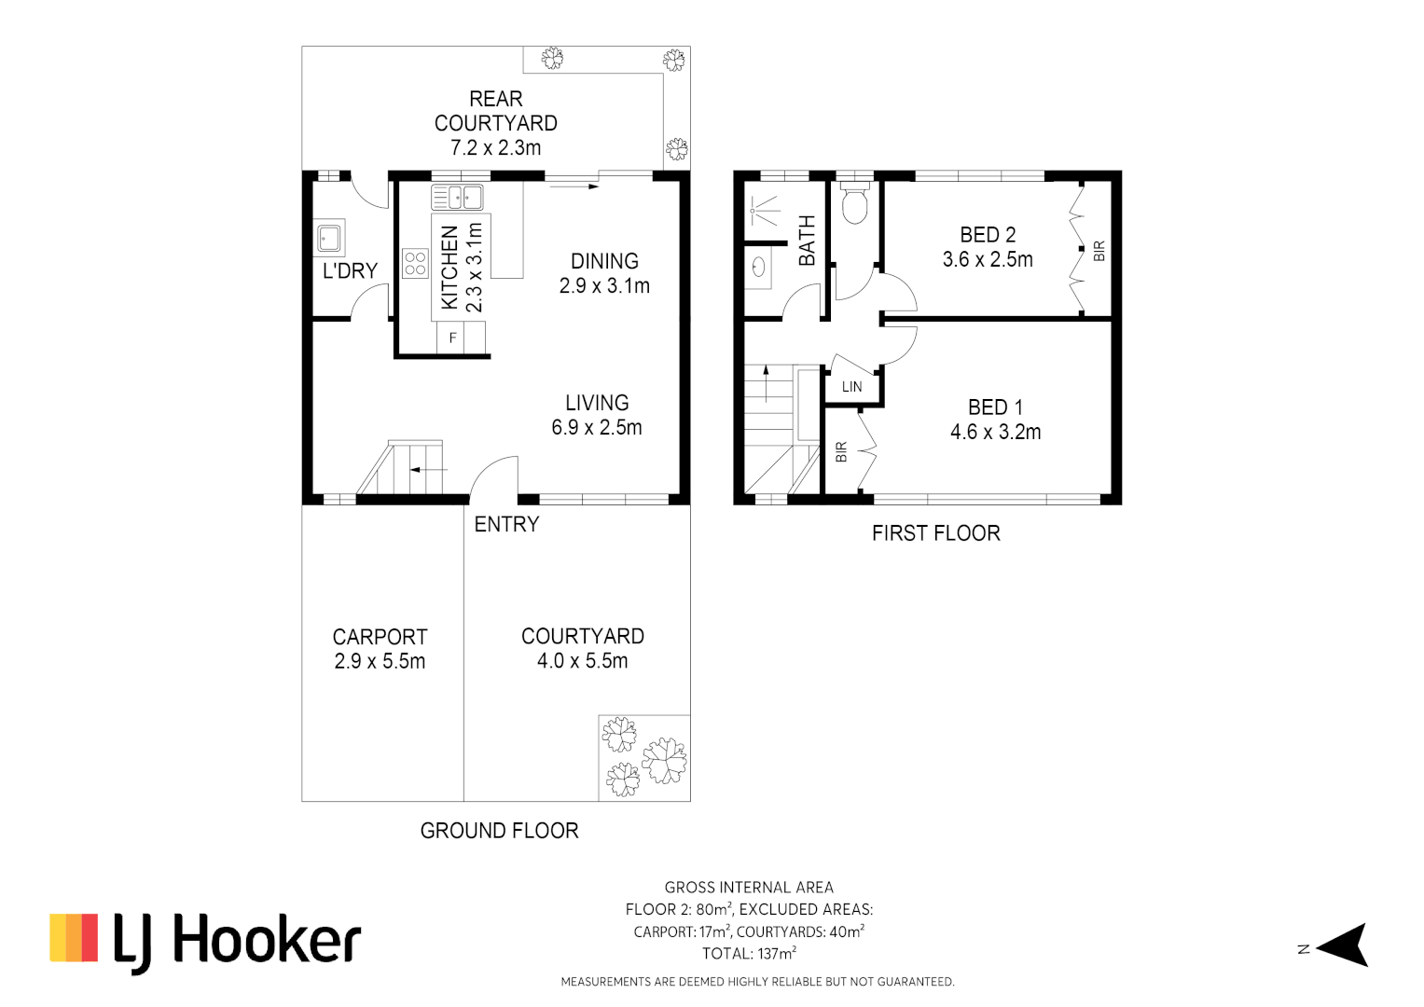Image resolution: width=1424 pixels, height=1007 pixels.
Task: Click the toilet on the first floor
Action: click(854, 202)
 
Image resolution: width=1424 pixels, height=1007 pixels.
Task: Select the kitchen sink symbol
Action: click(457, 198)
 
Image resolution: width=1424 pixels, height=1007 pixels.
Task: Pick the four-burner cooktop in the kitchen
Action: click(415, 263)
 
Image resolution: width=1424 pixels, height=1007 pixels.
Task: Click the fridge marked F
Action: click(453, 338)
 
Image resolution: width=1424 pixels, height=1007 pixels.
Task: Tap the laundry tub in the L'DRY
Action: click(329, 237)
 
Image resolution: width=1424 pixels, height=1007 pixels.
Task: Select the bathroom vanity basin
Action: click(759, 268)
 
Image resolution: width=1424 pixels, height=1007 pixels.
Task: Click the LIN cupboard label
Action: click(852, 387)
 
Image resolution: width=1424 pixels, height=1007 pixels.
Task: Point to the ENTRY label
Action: click(506, 525)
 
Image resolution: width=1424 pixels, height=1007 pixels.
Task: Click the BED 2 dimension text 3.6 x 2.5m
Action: click(988, 260)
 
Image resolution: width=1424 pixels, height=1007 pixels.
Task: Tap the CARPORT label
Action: click(380, 637)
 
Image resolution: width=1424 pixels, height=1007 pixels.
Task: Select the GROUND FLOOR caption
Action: click(499, 831)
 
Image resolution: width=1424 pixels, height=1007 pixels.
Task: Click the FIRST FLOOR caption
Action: click(935, 533)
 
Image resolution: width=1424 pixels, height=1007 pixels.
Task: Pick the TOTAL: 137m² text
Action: click(749, 954)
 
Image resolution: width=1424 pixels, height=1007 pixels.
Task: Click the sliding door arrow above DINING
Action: click(574, 186)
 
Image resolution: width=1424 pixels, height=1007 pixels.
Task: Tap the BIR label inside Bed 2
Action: click(1099, 251)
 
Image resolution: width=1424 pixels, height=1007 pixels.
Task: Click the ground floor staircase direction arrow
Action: click(428, 469)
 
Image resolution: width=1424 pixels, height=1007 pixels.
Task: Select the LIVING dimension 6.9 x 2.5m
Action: click(597, 428)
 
